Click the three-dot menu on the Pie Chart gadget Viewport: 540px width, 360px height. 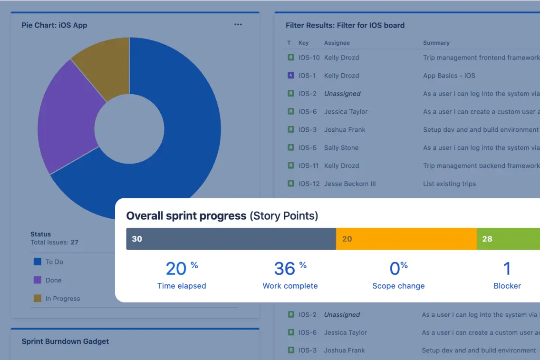(x=238, y=25)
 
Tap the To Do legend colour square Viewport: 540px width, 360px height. (x=37, y=262)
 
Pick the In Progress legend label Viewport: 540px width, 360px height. (x=63, y=299)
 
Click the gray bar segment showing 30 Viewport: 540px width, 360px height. (x=231, y=239)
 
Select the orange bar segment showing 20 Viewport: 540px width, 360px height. (x=406, y=239)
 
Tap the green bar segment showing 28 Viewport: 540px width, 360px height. (x=508, y=239)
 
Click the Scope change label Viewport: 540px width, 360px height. (x=398, y=286)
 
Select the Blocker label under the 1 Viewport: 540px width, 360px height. (x=507, y=286)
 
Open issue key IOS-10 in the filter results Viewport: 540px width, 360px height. (x=309, y=58)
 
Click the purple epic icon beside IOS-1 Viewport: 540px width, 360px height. (x=291, y=75)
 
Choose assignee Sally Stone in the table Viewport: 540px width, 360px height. (x=341, y=147)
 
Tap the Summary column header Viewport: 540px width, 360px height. (x=436, y=43)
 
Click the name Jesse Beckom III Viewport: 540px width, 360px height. (x=350, y=184)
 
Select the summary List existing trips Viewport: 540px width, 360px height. (x=449, y=184)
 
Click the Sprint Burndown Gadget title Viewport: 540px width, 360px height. (x=65, y=341)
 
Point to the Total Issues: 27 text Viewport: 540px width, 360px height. (x=54, y=242)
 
